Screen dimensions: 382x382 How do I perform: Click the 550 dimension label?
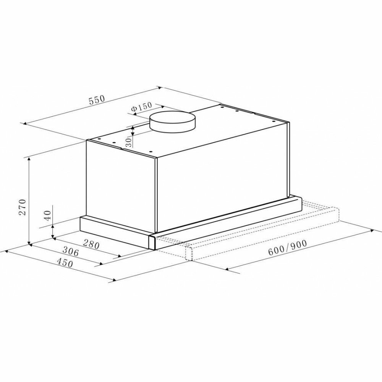pyautogui.click(x=97, y=100)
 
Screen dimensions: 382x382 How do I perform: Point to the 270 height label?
pyautogui.click(x=22, y=207)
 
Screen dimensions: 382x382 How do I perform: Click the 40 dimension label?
pyautogui.click(x=48, y=215)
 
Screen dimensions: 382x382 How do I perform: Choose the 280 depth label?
pyautogui.click(x=91, y=244)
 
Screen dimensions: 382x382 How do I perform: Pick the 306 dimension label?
pyautogui.click(x=71, y=251)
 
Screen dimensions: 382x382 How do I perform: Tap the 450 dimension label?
pyautogui.click(x=65, y=263)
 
